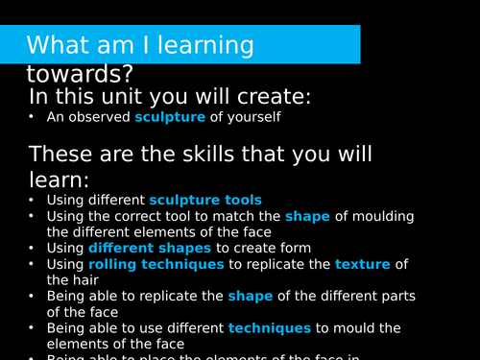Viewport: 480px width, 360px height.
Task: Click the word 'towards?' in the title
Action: pos(80,73)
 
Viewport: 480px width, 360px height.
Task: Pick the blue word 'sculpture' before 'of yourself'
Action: pos(170,118)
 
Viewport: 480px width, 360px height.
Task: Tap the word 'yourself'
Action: pos(256,118)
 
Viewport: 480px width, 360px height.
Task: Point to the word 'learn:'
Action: pos(60,179)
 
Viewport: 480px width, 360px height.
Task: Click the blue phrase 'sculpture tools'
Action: pos(204,200)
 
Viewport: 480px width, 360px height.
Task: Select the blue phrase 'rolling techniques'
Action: pos(156,264)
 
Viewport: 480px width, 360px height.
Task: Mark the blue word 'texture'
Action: pos(362,264)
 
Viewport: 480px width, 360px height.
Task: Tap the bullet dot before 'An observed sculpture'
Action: pos(32,118)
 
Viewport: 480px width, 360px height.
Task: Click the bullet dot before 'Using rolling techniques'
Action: pos(32,264)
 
